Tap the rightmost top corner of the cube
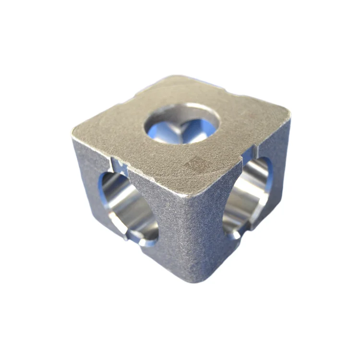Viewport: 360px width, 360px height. pos(288,115)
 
